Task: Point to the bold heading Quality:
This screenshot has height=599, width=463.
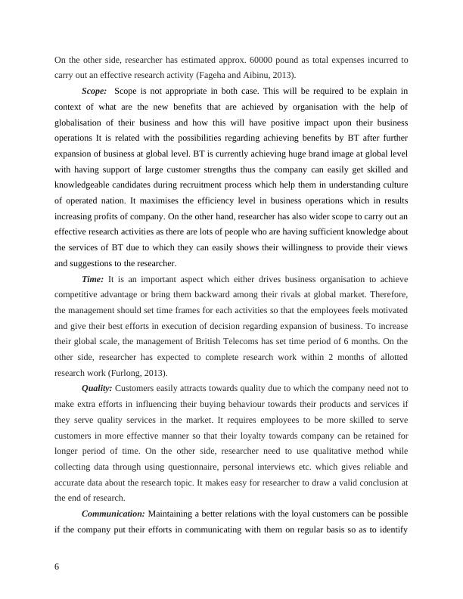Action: tap(97, 388)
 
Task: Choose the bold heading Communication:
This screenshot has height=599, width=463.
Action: tap(113, 514)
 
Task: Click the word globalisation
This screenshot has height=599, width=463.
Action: tap(86, 122)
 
